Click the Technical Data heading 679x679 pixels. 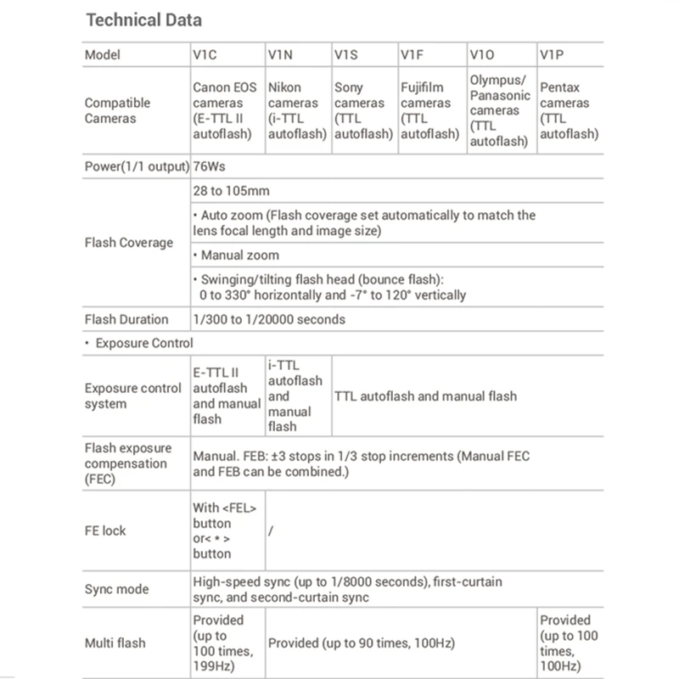[145, 19]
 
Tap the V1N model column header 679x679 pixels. [280, 54]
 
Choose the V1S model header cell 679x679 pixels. [347, 54]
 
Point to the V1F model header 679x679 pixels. [412, 54]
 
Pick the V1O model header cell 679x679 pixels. [481, 54]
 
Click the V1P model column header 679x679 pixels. [553, 54]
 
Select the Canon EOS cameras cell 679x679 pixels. [227, 110]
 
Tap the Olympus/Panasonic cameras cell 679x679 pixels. [501, 110]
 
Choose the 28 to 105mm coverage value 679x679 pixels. [231, 191]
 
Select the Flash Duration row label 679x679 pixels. [126, 320]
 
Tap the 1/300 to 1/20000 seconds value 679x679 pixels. [269, 320]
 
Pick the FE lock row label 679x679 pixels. [105, 530]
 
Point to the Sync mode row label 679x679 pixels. [116, 589]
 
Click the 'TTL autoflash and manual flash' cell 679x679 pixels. [426, 396]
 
